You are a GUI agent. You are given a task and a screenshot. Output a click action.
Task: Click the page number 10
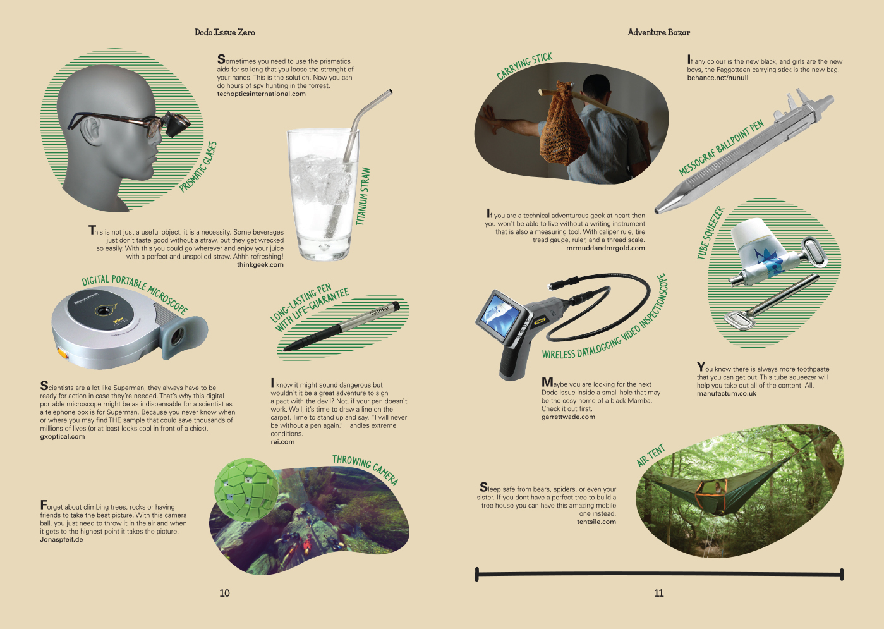224,593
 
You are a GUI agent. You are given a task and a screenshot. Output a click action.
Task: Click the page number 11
658,593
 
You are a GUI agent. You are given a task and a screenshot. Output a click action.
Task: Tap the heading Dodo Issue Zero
224,32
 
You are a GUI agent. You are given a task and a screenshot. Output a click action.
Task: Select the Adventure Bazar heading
658,32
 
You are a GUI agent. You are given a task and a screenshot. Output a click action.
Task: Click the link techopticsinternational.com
261,94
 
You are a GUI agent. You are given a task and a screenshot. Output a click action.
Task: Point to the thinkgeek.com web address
260,264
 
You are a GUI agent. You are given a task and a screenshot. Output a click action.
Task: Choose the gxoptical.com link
63,436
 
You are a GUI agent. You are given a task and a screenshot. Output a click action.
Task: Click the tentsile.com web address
596,522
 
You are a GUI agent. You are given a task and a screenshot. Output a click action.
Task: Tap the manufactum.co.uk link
727,393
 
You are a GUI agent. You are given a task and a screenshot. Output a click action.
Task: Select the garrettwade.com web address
568,417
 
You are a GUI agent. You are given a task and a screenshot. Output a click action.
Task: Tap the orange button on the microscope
63,353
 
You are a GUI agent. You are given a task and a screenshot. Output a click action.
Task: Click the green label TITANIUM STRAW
363,197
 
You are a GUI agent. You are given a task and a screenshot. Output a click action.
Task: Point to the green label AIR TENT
650,455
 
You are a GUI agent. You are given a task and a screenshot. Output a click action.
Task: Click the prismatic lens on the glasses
178,125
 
